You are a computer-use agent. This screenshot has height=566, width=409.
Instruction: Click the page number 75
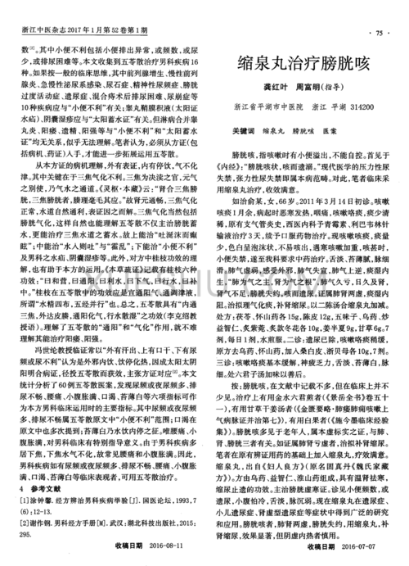tap(379, 34)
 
